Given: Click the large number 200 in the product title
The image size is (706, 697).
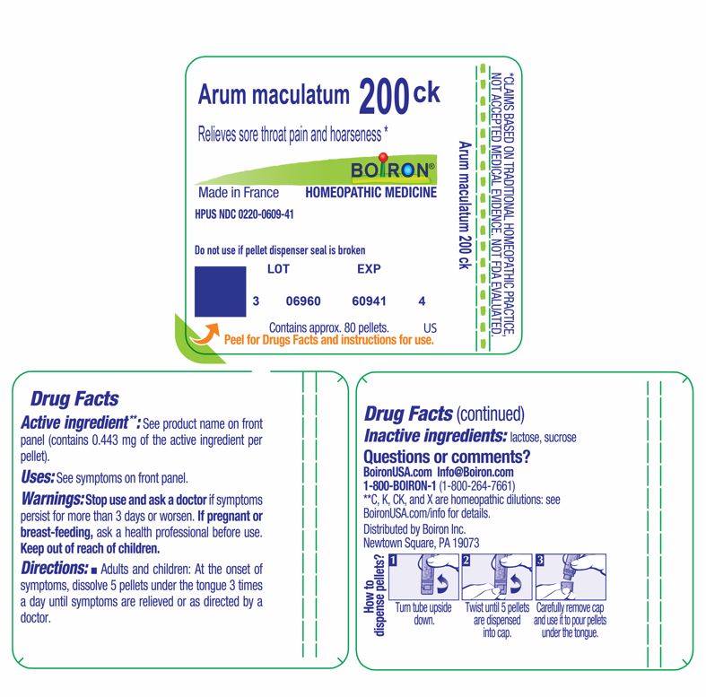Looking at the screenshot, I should pos(383,97).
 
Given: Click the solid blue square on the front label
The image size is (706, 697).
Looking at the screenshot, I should pos(220,292).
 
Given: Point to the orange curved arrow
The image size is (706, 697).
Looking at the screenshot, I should pos(205,335).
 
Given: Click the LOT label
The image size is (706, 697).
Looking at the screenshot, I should pos(279,268).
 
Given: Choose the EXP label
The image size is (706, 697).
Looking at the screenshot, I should pos(369,268).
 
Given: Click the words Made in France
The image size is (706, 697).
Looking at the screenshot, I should pos(238,193).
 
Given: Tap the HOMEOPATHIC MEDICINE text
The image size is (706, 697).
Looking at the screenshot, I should pos(370,193).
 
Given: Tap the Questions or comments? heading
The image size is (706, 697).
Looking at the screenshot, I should pos(446,457).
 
